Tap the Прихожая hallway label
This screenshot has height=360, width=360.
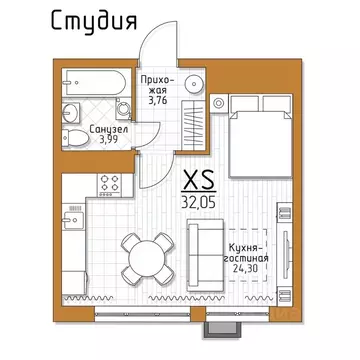[163, 79]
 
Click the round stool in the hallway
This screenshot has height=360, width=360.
[197, 82]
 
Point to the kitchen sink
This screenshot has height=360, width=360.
[72, 216]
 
